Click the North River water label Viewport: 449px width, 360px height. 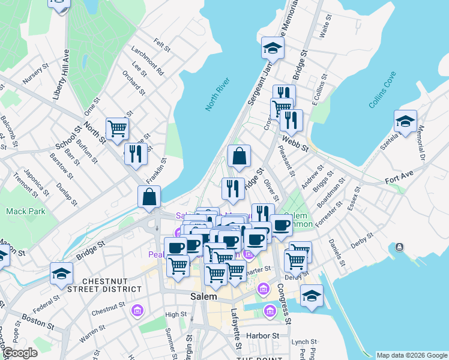click(x=217, y=94)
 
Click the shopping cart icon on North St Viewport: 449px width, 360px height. click(x=117, y=127)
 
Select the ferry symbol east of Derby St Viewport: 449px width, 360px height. click(x=399, y=247)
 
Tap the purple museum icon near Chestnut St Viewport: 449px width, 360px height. click(x=137, y=310)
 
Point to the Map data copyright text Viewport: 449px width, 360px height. click(x=411, y=355)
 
